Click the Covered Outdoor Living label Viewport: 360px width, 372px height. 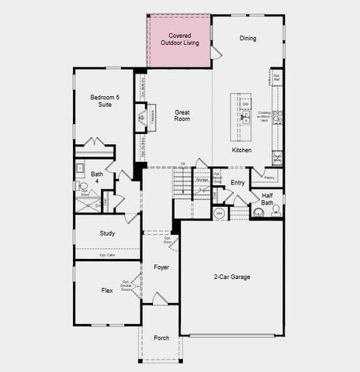179,39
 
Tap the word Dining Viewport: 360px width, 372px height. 247,38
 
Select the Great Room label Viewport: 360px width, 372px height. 182,116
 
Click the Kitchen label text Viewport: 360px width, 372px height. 241,150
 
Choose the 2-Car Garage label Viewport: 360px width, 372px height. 231,277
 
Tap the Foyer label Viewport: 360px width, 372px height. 161,267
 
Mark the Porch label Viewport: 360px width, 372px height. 161,338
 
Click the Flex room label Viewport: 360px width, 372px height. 107,291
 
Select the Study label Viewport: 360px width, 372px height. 107,233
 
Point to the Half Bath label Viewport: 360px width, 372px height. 268,199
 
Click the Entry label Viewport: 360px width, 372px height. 237,183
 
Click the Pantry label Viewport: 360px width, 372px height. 269,177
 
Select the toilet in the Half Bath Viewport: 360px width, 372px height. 276,209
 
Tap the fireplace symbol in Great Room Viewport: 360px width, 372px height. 142,118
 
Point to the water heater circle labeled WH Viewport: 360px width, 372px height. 220,212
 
